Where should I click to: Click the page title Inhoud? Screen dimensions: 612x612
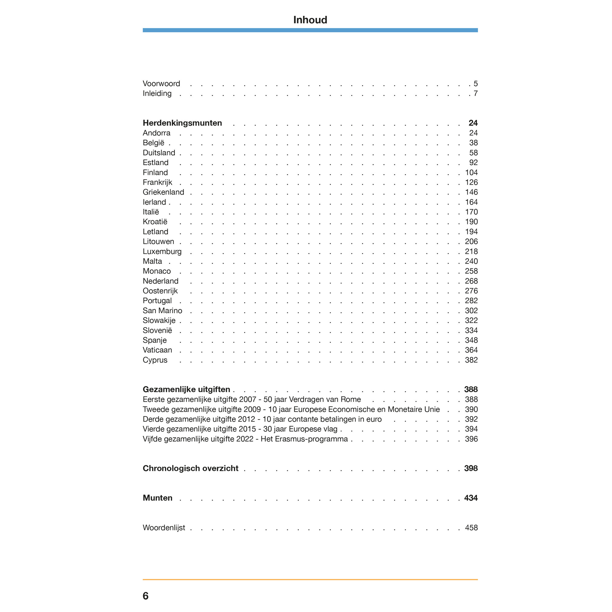[x=310, y=20]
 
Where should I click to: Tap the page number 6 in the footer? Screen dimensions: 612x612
[x=146, y=596]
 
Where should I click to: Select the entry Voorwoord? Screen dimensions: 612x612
[x=161, y=84]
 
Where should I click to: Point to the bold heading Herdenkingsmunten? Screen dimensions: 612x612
[x=182, y=123]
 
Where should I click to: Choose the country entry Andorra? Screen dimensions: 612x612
[x=157, y=133]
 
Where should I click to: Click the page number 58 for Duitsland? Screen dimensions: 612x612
[x=473, y=153]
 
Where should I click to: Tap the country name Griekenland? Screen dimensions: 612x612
[x=163, y=192]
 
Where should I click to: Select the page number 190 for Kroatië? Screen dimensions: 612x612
[x=471, y=222]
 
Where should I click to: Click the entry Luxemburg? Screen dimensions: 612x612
[x=162, y=252]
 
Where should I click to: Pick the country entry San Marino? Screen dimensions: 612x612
[x=162, y=310]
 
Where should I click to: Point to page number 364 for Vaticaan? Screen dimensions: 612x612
[x=471, y=350]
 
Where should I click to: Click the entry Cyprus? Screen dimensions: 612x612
[x=155, y=360]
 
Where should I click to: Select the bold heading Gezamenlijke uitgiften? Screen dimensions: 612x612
[x=186, y=389]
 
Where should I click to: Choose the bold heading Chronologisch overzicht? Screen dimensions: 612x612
[x=190, y=468]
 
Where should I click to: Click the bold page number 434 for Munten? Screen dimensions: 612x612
[x=471, y=498]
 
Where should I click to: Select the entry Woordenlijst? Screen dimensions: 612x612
[x=164, y=528]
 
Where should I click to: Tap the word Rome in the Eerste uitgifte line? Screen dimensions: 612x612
[x=351, y=400]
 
